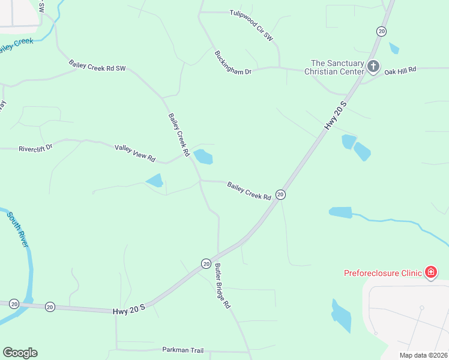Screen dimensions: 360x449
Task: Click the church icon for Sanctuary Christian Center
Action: pos(373,66)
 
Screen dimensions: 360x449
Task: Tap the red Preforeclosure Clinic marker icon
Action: pos(430,273)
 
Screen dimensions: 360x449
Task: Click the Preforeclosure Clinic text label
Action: pos(383,273)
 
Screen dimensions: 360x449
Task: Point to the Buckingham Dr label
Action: pos(233,62)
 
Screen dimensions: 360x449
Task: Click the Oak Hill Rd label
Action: pos(400,71)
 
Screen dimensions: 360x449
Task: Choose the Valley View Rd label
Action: pos(135,153)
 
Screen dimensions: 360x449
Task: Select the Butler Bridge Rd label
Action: pos(222,286)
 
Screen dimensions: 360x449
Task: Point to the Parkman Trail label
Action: pos(183,349)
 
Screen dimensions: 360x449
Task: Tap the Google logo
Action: pos(20,353)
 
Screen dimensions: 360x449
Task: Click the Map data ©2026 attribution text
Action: pos(423,355)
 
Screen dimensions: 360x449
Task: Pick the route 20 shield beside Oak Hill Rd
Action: pos(381,31)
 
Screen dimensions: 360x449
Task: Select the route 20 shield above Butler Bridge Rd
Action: pos(206,263)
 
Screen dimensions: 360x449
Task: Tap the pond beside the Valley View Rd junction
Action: pos(203,157)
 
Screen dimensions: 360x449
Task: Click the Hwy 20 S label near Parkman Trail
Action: pos(129,311)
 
